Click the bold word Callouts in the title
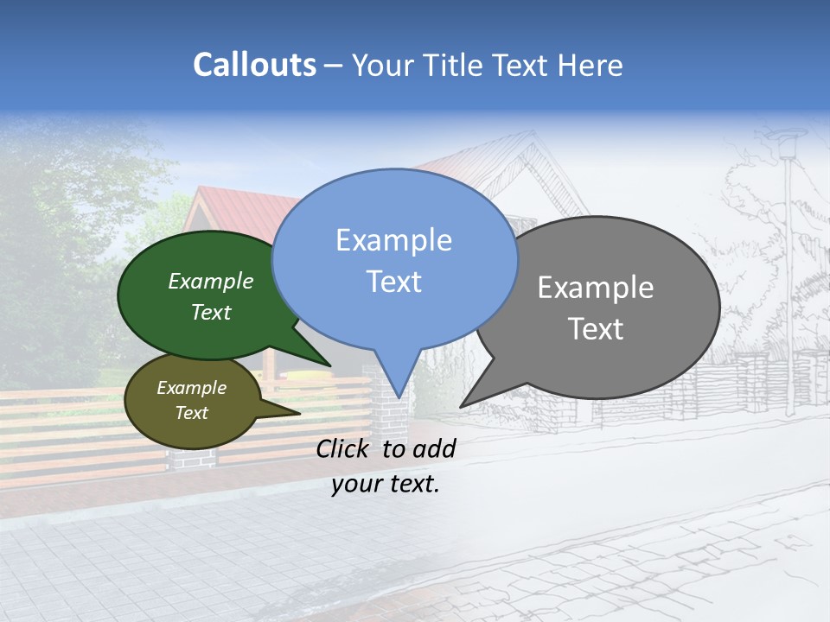pos(254,65)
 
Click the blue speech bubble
pos(394,259)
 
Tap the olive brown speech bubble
pos(192,400)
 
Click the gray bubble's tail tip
pos(462,405)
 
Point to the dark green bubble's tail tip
pos(329,365)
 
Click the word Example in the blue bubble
pos(393,240)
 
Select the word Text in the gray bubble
pos(596,329)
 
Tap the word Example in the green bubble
pos(211,282)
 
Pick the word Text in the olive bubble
pos(192,413)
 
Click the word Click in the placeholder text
pos(345,448)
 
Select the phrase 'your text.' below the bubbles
pos(386,484)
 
